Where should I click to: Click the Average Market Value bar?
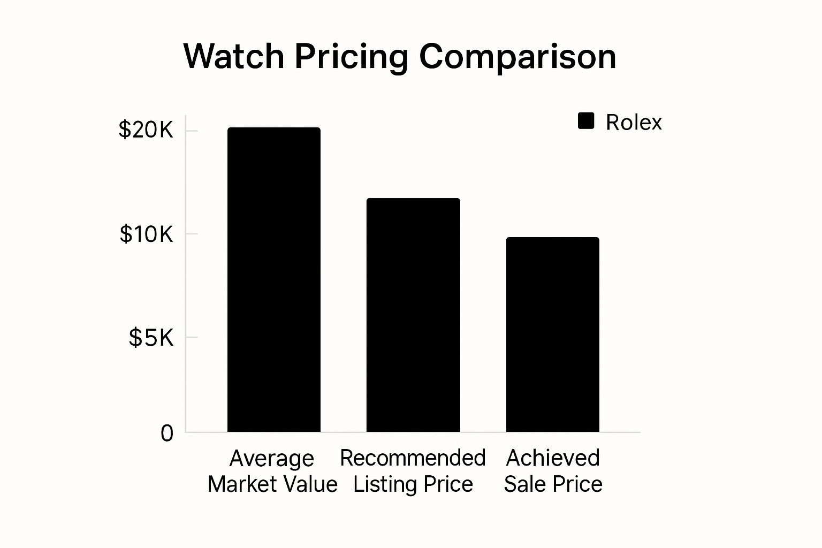click(x=274, y=279)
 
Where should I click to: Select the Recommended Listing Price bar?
click(x=413, y=315)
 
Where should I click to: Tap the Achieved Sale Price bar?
click(x=552, y=334)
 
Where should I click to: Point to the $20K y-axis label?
click(x=146, y=130)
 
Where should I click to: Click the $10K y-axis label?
click(x=146, y=234)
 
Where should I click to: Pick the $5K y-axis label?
click(x=151, y=338)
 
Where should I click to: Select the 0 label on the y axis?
click(x=167, y=433)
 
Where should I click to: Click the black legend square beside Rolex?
click(x=586, y=121)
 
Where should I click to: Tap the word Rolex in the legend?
click(x=634, y=123)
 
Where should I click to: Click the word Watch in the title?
click(x=234, y=56)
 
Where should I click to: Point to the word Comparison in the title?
click(x=517, y=56)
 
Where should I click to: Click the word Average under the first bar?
click(x=272, y=459)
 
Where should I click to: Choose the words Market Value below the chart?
click(x=272, y=484)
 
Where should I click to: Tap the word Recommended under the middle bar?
click(x=413, y=458)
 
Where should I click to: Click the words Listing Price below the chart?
click(x=413, y=484)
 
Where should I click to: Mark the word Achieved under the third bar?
click(x=553, y=458)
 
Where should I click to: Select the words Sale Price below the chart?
click(x=553, y=484)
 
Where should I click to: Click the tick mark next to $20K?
click(x=191, y=131)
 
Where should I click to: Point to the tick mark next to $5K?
click(x=191, y=337)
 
